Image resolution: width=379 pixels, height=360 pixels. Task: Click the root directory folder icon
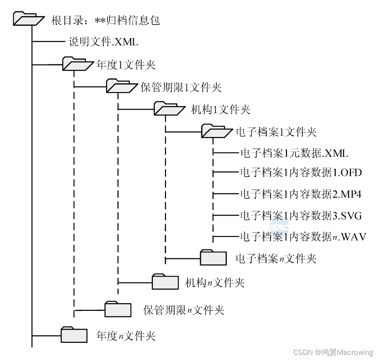28,19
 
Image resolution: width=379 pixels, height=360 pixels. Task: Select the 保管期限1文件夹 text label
181,87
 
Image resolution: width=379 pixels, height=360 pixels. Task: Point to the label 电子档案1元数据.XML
294,153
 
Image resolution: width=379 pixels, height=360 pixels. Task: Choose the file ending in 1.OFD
301,172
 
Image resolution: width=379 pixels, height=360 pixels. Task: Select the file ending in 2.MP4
301,194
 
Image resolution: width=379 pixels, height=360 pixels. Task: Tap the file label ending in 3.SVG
301,215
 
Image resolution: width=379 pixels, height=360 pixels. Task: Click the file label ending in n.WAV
303,236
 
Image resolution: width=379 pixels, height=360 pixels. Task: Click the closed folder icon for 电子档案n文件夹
213,257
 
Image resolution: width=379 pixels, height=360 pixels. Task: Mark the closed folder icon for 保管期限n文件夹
117,309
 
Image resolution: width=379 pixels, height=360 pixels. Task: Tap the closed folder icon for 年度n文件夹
74,335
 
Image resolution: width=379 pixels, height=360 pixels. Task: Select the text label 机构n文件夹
215,282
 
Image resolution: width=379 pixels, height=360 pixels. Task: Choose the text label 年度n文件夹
126,335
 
